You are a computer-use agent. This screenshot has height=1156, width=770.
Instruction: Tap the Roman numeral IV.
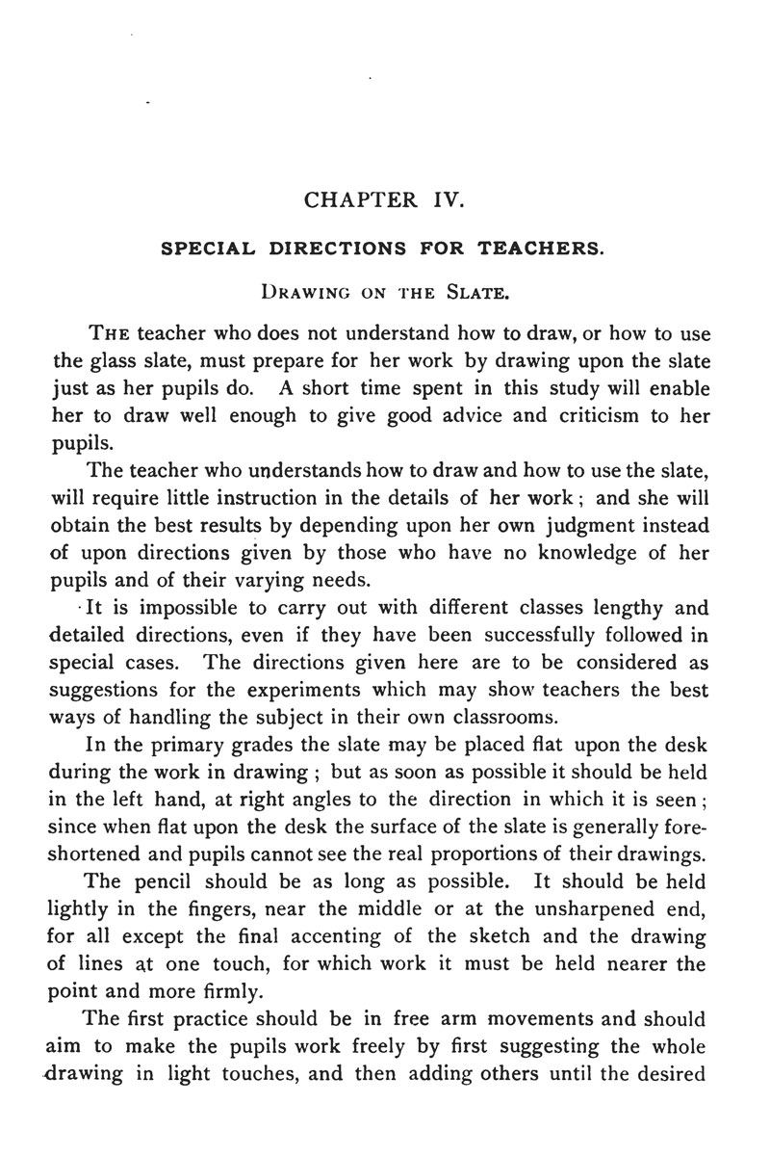446,200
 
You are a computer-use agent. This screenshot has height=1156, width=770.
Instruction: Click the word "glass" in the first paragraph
112,363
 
